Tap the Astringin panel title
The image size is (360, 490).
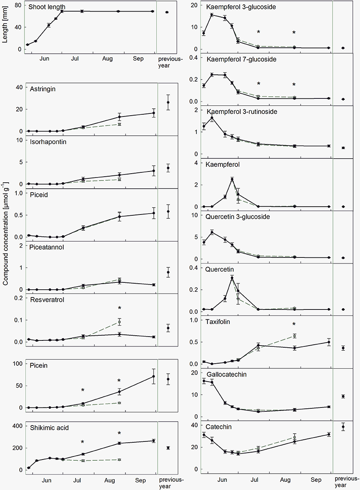42,89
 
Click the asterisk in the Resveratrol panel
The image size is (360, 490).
119,308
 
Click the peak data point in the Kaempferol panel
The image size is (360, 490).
232,179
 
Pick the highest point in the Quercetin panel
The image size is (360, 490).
232,278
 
